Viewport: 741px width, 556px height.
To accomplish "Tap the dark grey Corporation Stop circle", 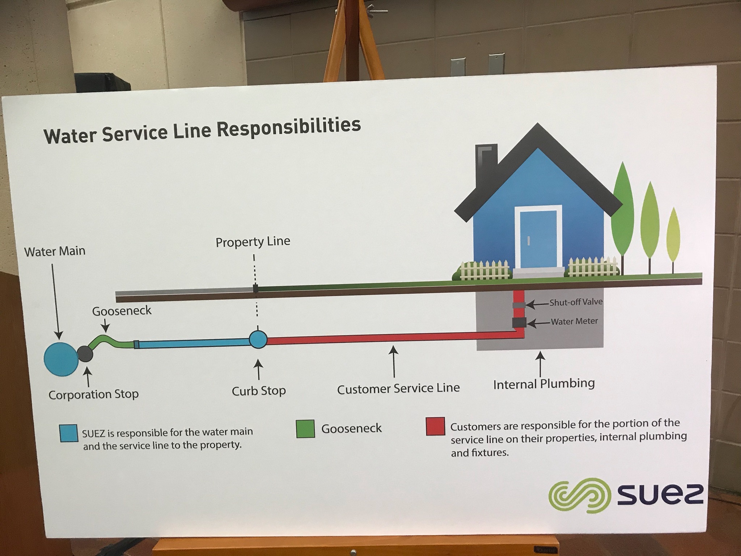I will tap(85, 354).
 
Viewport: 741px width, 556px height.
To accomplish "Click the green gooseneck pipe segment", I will tap(109, 341).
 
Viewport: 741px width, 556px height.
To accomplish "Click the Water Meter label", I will tap(574, 321).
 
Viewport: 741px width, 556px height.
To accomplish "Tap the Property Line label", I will tap(253, 242).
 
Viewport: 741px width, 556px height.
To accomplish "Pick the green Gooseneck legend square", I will tap(305, 429).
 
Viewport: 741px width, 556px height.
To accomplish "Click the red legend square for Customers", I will tap(435, 426).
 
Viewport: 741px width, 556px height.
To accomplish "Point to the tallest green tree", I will tap(622, 210).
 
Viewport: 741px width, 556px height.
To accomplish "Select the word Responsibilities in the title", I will tap(288, 127).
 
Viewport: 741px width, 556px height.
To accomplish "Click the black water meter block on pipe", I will tap(519, 323).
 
